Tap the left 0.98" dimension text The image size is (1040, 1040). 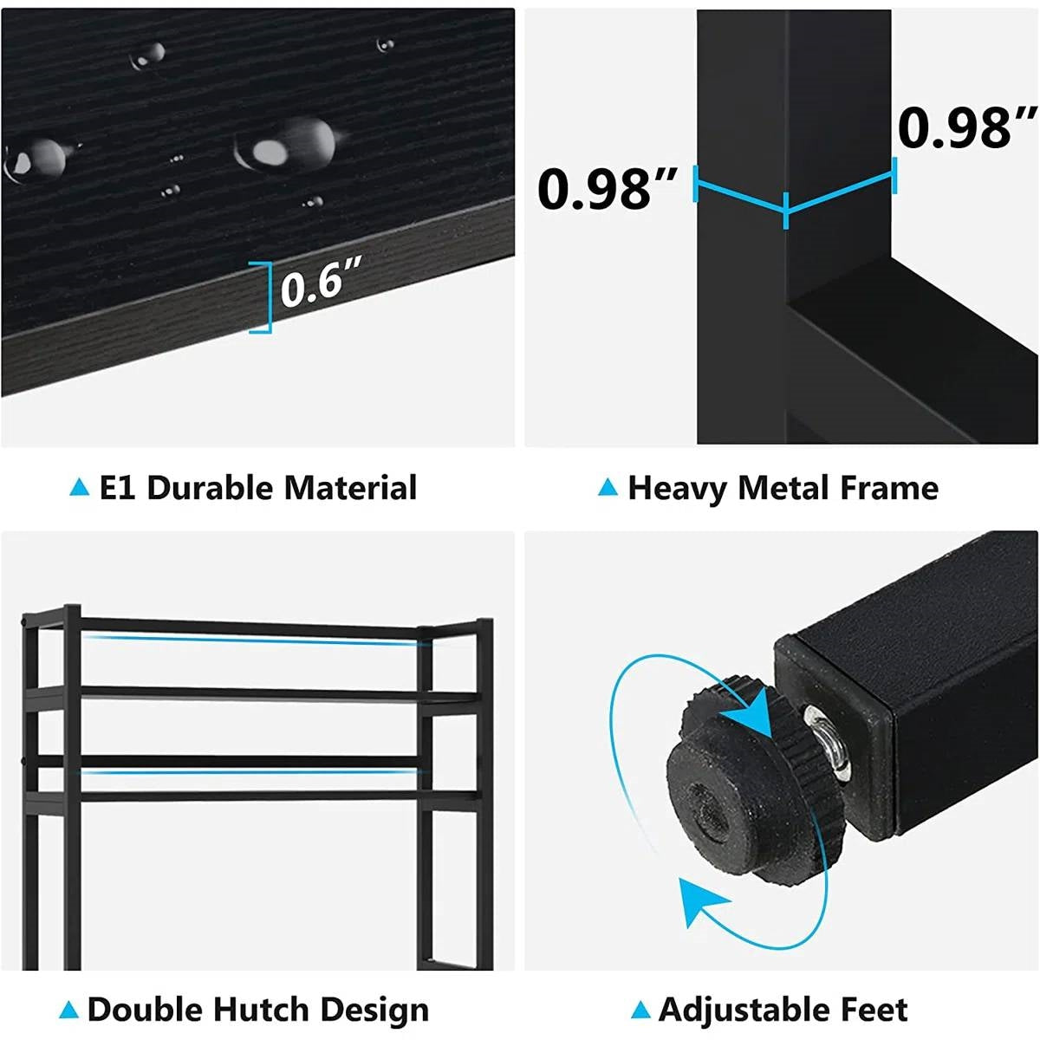click(606, 188)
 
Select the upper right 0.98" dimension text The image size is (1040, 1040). click(966, 127)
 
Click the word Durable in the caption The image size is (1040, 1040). click(211, 488)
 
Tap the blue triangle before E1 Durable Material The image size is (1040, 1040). click(80, 488)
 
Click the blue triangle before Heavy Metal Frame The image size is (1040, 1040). click(608, 489)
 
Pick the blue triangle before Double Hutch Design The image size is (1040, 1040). click(68, 1010)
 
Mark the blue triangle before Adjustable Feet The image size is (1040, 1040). click(640, 1010)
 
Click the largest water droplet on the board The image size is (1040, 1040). click(286, 144)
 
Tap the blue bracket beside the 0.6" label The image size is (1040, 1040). click(263, 297)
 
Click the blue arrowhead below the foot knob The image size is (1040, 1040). click(699, 901)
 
